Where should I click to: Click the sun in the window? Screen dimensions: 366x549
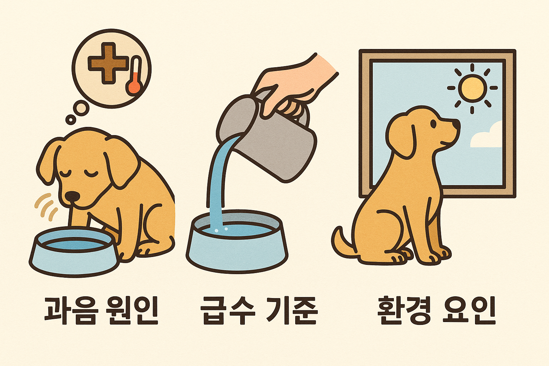[x=472, y=88]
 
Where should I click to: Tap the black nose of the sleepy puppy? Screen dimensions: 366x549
[x=73, y=196]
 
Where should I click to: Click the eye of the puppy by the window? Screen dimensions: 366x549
[x=434, y=124]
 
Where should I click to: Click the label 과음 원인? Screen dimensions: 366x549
[x=101, y=310]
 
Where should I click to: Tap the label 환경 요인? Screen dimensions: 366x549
[x=436, y=310]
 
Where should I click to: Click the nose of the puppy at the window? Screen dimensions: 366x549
[x=457, y=124]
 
